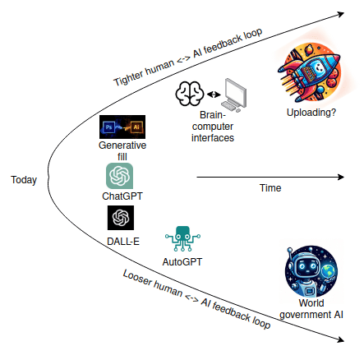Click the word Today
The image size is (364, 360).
24,180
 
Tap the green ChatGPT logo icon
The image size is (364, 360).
120,176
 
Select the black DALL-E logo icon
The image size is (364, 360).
120,218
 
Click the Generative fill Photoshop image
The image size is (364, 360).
122,127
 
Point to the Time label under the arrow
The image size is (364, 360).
270,189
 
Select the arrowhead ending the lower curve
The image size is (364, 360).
338,338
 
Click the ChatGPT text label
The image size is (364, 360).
121,196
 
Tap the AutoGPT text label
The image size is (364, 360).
182,262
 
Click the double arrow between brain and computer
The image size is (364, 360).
214,95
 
